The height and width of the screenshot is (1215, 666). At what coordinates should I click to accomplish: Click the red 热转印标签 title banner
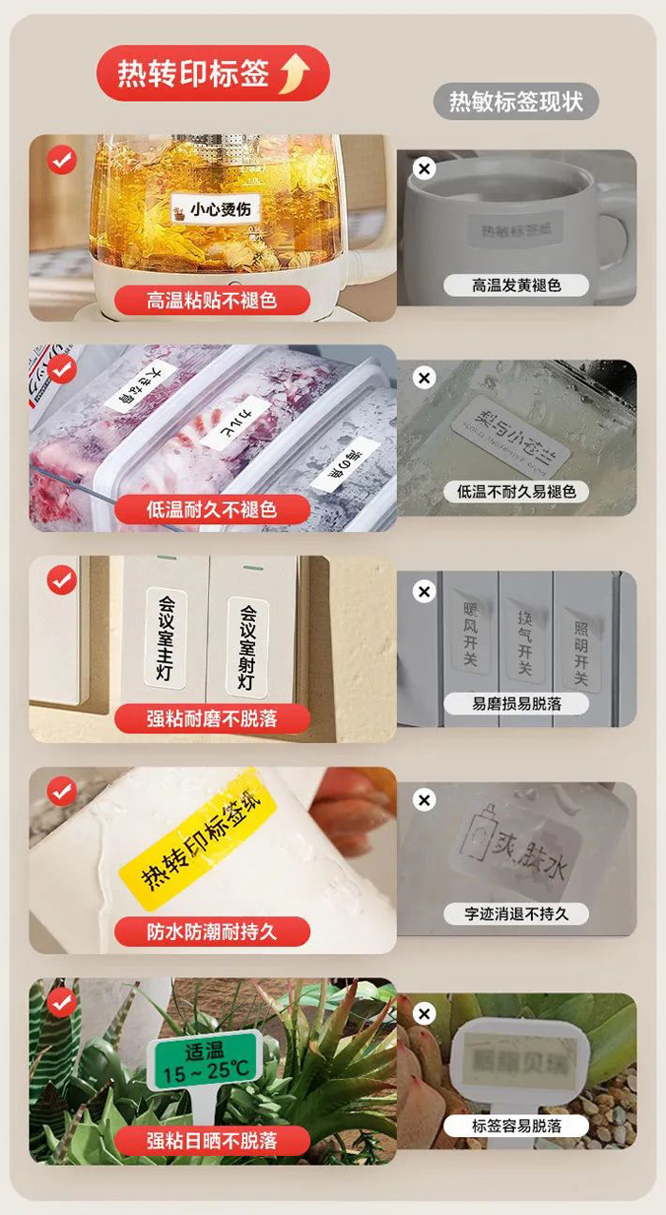pos(211,73)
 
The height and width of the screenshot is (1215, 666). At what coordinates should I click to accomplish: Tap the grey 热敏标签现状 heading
pos(516,101)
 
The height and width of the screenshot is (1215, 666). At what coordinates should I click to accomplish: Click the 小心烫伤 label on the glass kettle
pos(221,208)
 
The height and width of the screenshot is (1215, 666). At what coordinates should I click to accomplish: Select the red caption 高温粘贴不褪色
pos(212,301)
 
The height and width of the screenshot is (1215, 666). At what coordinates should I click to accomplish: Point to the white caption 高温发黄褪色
pos(517,284)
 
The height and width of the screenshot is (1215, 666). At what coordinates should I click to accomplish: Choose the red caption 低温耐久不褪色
pos(212,509)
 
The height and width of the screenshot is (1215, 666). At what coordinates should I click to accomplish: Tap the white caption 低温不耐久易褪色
pos(517,492)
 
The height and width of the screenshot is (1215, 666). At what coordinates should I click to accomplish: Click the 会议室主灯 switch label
pos(166,637)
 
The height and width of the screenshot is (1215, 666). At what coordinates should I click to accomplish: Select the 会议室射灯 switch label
pos(247,647)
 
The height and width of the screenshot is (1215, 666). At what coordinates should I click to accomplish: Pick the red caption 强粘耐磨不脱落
pos(212,718)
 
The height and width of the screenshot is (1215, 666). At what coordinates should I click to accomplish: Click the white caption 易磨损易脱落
pos(517,703)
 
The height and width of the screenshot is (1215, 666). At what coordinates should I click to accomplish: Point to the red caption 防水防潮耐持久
pos(212,931)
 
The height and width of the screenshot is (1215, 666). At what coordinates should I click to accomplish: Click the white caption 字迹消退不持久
pos(517,913)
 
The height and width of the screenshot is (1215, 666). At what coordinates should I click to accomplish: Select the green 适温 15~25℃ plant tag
pos(204,1060)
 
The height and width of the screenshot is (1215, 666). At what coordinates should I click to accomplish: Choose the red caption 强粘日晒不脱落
pos(212,1141)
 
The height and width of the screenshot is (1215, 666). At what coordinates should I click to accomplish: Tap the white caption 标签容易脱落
pos(517,1126)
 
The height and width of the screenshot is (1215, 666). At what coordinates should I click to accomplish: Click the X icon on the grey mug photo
pos(424,169)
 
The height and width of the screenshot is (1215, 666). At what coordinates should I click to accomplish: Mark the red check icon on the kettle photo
pos(62,160)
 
